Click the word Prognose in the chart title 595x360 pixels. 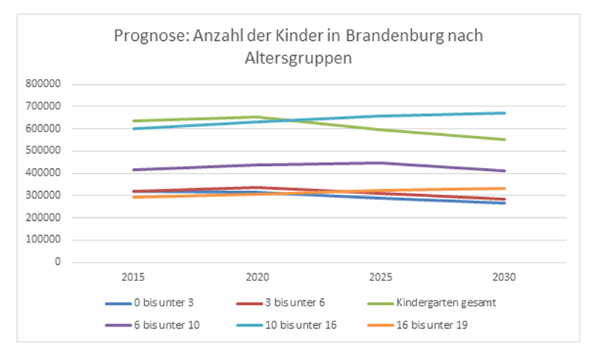point(146,36)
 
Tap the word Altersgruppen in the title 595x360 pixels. point(297,57)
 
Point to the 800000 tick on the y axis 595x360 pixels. point(44,84)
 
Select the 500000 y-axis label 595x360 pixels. point(44,151)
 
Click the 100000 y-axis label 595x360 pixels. point(44,240)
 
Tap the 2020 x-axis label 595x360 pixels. point(256,277)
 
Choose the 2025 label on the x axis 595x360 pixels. point(380,277)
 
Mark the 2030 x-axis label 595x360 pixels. point(504,277)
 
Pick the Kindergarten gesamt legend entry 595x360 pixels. point(443,303)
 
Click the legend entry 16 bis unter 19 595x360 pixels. point(429,324)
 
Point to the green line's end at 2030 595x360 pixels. point(504,139)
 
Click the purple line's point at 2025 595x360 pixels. point(380,163)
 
